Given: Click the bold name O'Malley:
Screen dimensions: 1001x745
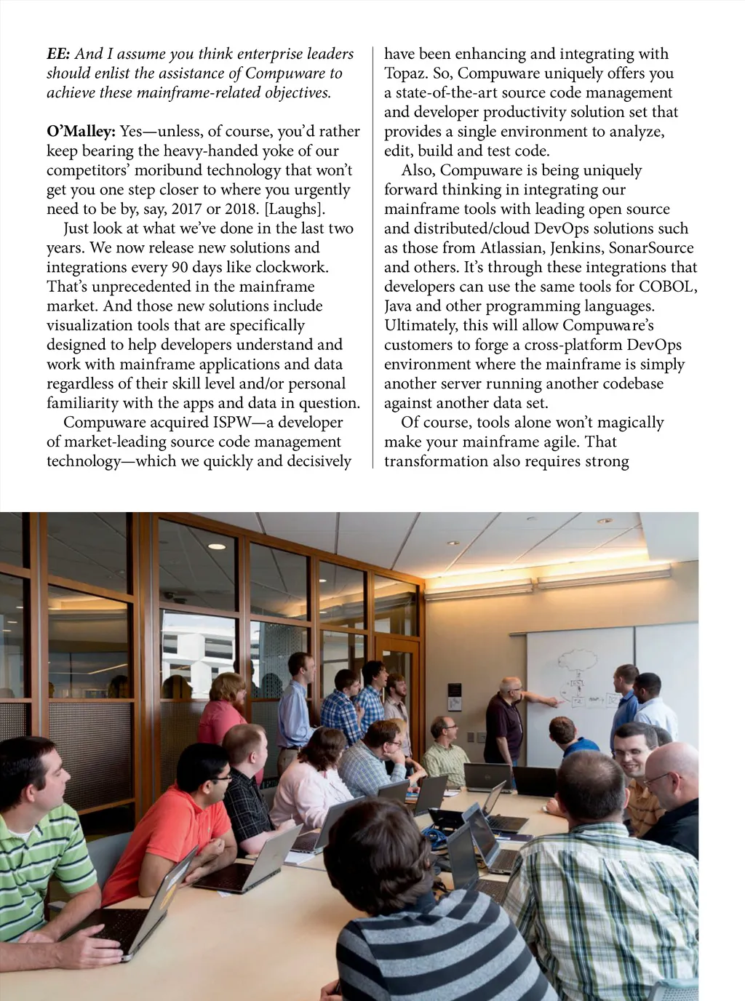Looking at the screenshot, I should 81,132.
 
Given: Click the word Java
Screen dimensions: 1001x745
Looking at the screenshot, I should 399,306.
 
